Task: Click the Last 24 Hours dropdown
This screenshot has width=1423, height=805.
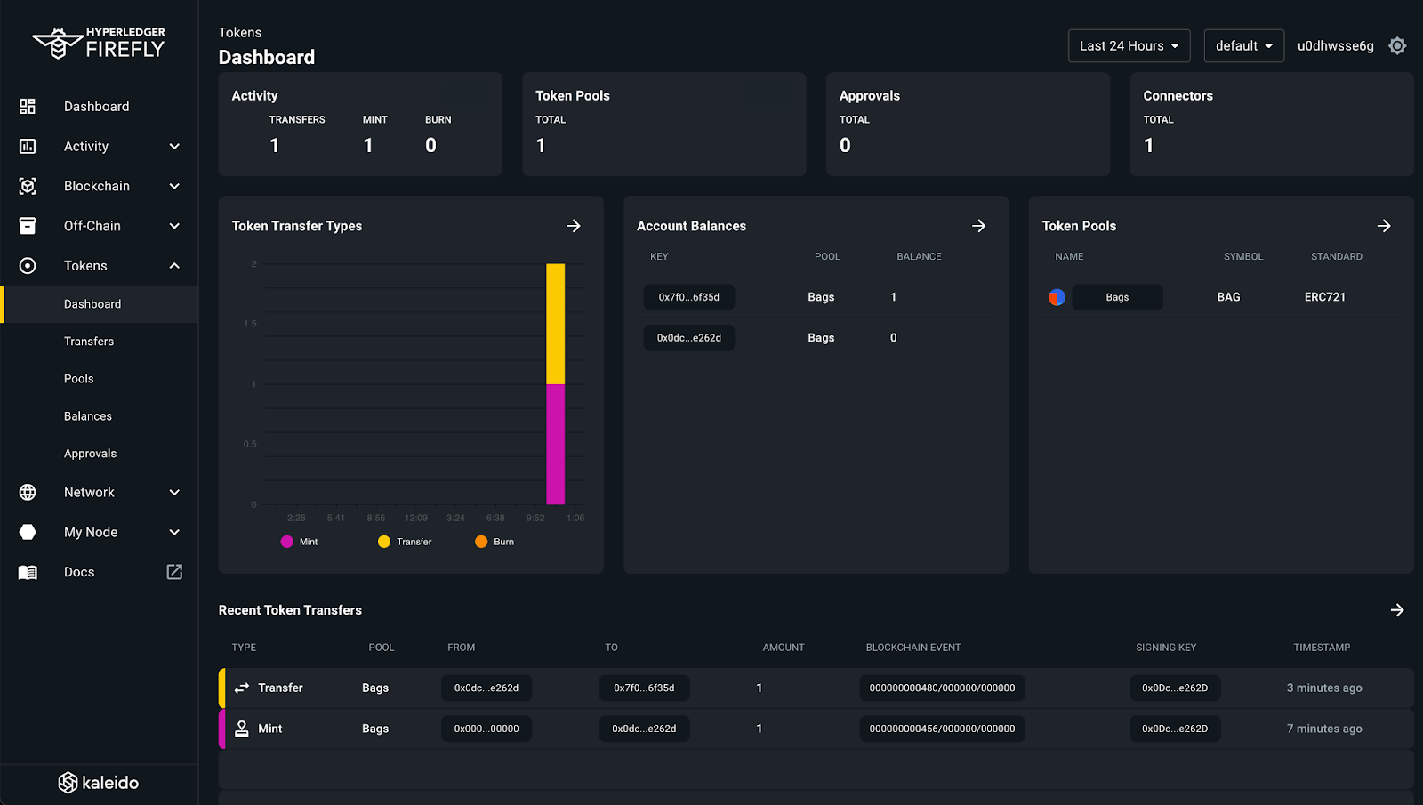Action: [1129, 46]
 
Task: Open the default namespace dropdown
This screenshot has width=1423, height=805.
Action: [1243, 46]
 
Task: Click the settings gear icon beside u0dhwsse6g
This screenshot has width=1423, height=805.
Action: [1397, 46]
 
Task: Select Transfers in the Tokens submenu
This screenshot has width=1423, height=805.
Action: [89, 342]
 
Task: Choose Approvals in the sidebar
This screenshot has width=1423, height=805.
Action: [90, 454]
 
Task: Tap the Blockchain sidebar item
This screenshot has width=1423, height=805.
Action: [97, 186]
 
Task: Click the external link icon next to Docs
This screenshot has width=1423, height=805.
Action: [174, 572]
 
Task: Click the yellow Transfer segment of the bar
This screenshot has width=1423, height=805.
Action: [555, 324]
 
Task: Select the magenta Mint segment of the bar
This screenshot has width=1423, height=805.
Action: [555, 444]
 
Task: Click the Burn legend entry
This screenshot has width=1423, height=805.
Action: [494, 542]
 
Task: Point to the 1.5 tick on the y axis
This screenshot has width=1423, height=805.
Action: [250, 324]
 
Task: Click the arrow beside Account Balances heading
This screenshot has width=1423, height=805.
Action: [978, 226]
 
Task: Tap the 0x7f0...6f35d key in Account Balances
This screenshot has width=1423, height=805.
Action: [688, 297]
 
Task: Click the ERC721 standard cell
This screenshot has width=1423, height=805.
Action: [1324, 297]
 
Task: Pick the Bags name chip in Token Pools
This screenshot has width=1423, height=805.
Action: [1117, 297]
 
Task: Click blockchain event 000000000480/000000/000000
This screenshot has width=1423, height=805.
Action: [942, 688]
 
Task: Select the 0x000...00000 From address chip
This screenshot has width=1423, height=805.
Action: [486, 729]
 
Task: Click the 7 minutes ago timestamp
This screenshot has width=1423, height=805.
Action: [1323, 729]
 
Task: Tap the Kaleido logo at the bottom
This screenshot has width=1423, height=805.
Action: [99, 783]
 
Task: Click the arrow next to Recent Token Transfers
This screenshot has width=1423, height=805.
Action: [1396, 610]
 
